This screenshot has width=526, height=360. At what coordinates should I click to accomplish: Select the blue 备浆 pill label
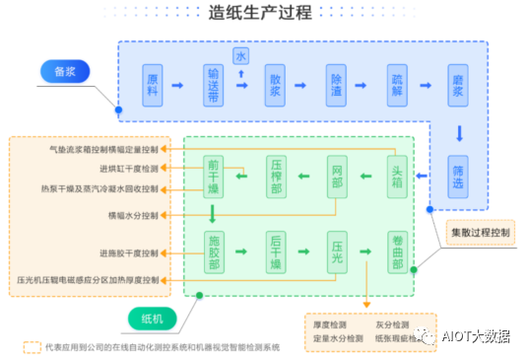pos(65,71)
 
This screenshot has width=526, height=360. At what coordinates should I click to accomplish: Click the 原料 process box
pos(152,85)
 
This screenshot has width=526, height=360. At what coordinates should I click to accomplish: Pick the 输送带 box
pos(213,85)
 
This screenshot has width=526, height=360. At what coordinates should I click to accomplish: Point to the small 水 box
pos(239,52)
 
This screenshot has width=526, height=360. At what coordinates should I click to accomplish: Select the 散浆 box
pos(276,85)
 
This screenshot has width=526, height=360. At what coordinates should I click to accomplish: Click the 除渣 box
pos(338,85)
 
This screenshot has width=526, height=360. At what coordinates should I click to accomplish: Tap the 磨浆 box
pos(458,85)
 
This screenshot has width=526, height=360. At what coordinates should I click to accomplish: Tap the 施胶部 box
pos(215,251)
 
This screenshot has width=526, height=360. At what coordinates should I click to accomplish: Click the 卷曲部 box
pos(397,251)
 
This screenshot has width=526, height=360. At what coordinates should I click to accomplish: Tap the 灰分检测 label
pos(391,323)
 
